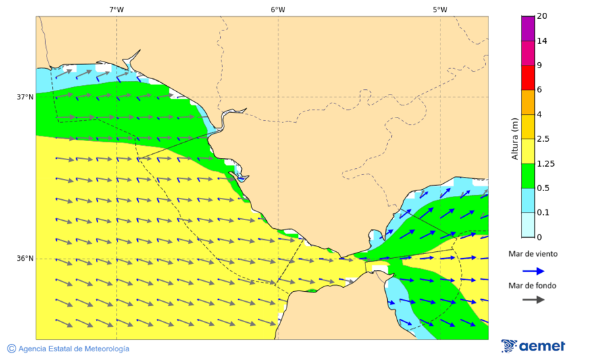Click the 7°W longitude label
[116, 9]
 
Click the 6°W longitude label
[278, 9]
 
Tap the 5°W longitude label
[440, 9]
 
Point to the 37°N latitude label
[25, 97]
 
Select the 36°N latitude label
[25, 258]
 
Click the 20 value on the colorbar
[541, 16]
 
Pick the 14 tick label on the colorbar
[541, 41]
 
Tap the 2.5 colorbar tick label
[543, 138]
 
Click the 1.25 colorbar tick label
[545, 163]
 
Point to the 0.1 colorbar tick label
[543, 212]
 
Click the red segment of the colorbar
[528, 77]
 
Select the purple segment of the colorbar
[528, 28]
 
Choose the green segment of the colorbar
[528, 176]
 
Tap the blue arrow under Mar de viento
[534, 271]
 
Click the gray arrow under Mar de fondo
[534, 299]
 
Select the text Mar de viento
[533, 254]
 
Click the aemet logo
[533, 346]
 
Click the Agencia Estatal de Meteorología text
[74, 349]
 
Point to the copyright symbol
[11, 349]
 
